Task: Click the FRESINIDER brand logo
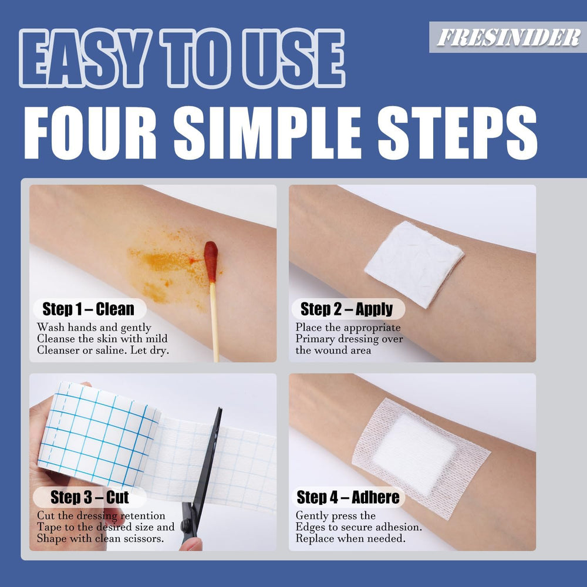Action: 508,38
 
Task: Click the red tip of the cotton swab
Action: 211,261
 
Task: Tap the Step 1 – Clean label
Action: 88,309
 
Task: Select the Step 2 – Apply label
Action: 346,309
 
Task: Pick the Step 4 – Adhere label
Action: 348,498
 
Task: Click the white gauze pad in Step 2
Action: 413,262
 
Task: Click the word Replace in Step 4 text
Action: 315,539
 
